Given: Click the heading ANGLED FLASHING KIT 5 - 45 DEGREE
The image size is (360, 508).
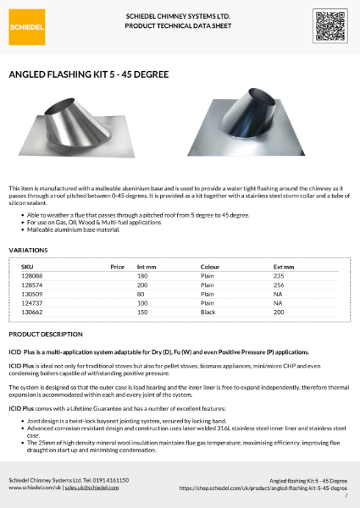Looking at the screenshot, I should pos(88,75).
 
